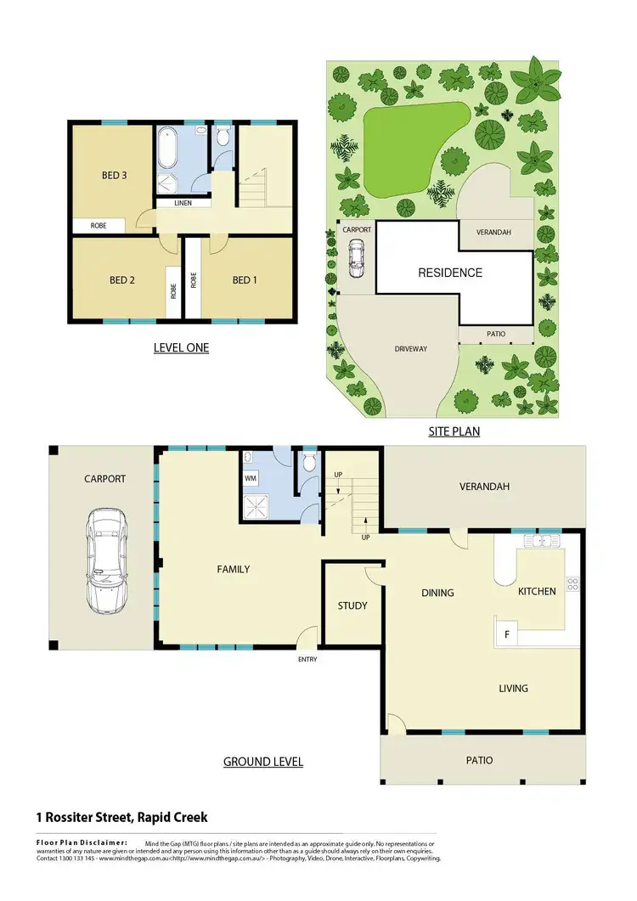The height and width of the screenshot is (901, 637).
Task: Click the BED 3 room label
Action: coord(114,176)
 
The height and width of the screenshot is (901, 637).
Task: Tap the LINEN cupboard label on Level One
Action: coord(183,204)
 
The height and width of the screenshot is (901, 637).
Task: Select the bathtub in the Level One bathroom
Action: coord(166,149)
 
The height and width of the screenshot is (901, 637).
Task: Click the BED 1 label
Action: coord(245,280)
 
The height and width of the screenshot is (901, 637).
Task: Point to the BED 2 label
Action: coord(122,280)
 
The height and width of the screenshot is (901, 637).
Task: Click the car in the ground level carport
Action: coord(108,561)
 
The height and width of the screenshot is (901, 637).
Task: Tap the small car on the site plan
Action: coord(357,258)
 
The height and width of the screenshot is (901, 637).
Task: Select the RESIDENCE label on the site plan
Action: coord(449,273)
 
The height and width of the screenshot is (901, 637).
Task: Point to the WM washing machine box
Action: coord(251,479)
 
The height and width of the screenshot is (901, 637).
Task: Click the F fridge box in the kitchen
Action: coord(507,634)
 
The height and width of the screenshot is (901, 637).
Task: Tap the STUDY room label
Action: coord(352,605)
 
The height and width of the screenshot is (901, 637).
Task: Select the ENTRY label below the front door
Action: coord(307,658)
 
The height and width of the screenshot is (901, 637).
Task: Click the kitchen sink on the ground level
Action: coord(538,539)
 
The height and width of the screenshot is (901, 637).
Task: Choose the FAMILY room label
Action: coord(234,569)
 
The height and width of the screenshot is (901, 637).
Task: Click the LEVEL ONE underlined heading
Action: coord(181,347)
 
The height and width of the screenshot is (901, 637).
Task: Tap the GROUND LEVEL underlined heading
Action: coord(262,762)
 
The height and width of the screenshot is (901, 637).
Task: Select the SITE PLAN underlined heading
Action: coord(454,431)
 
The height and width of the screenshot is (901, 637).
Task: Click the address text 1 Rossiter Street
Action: coord(121,818)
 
